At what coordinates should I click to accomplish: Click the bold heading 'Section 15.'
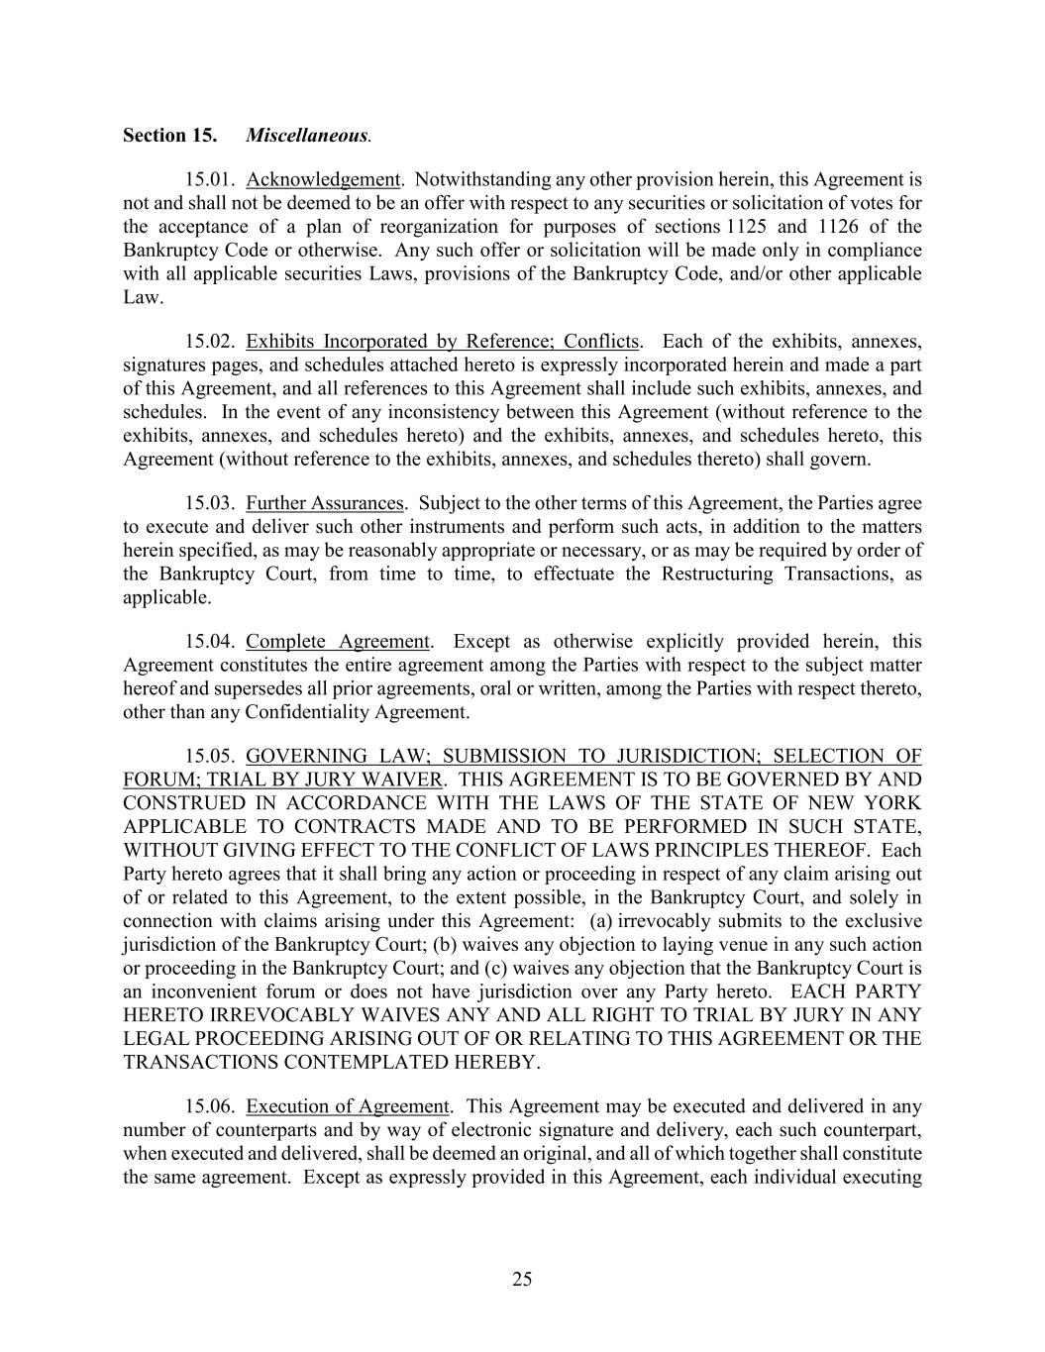click(169, 135)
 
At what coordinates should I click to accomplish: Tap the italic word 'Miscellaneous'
click(307, 135)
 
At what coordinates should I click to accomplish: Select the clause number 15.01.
click(208, 179)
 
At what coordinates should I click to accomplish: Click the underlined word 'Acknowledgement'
click(323, 179)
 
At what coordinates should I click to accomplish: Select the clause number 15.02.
click(208, 342)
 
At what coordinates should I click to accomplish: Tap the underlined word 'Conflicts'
click(601, 342)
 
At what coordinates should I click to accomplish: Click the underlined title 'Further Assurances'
click(325, 503)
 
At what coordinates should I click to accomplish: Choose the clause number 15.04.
click(208, 642)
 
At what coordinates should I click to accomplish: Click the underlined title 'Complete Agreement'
click(338, 642)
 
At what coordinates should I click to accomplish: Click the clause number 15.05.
click(208, 757)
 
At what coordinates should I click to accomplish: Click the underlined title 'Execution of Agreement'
click(348, 1106)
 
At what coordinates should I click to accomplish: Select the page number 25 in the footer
click(522, 1280)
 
